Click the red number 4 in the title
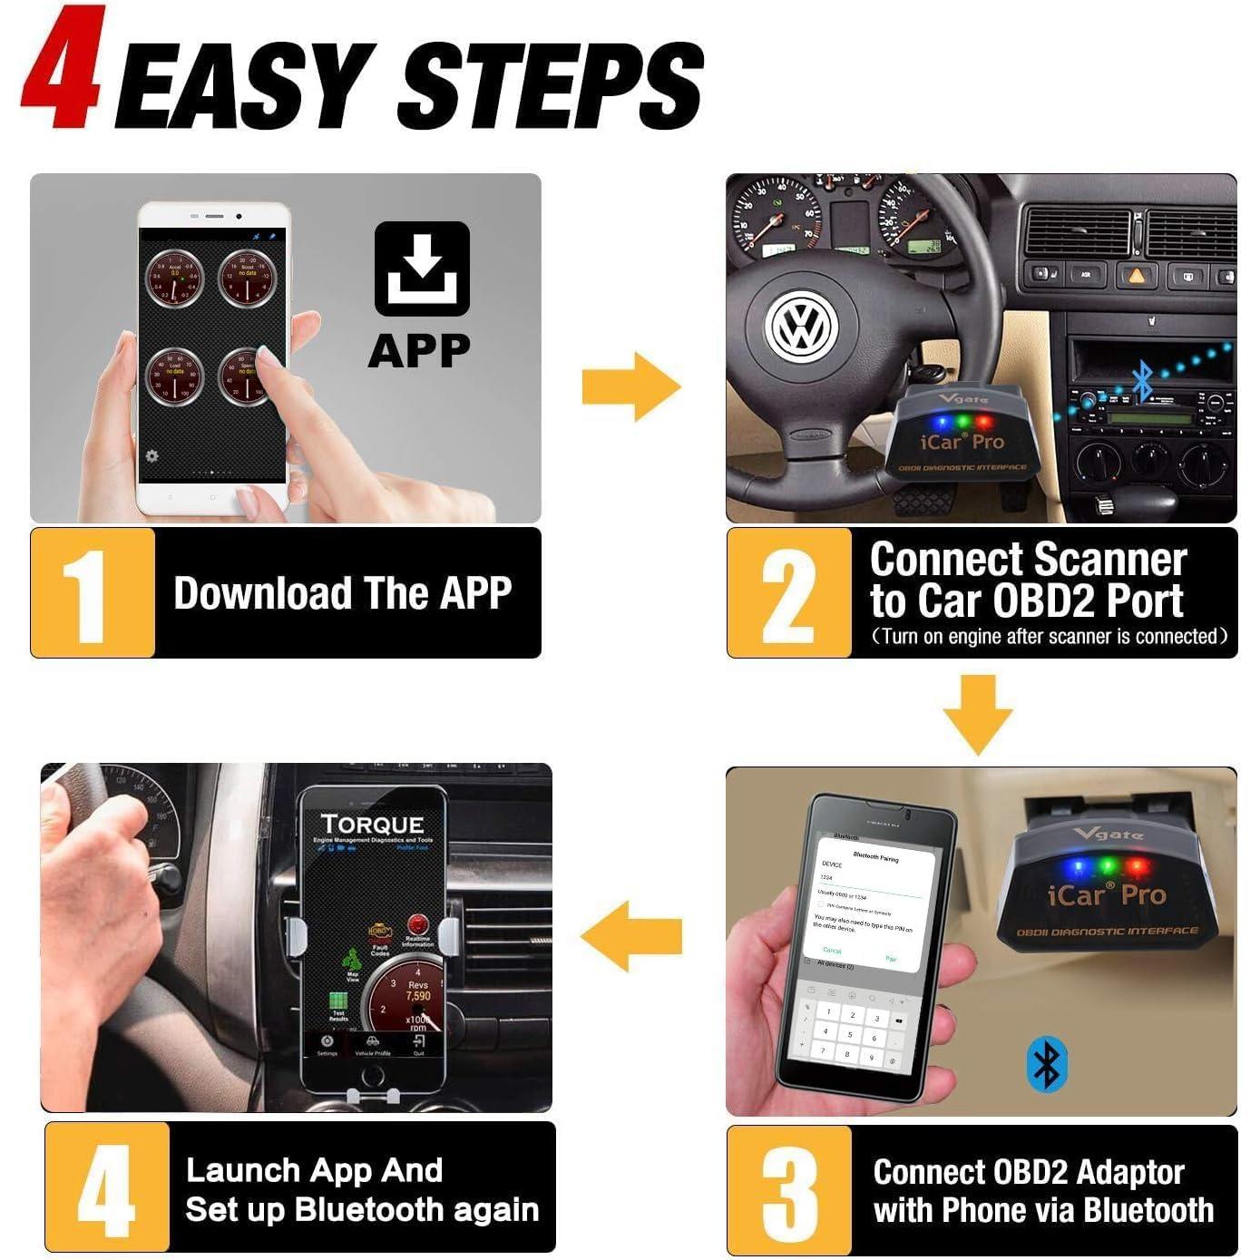[61, 71]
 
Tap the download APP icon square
[422, 269]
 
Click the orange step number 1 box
[93, 593]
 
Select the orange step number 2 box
[788, 593]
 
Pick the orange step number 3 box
[788, 1190]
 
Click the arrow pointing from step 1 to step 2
[631, 386]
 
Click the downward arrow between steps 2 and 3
[977, 713]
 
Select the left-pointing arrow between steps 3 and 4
[631, 936]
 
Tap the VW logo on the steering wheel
[801, 327]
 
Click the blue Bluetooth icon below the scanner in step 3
[1046, 1065]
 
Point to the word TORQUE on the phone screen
[372, 824]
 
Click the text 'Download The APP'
[342, 593]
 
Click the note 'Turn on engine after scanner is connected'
[1049, 637]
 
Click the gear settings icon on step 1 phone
[151, 455]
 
